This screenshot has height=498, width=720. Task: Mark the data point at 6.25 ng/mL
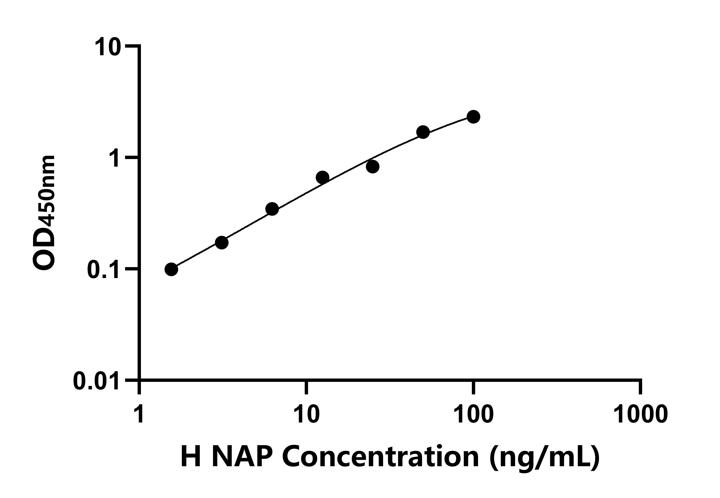point(272,209)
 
